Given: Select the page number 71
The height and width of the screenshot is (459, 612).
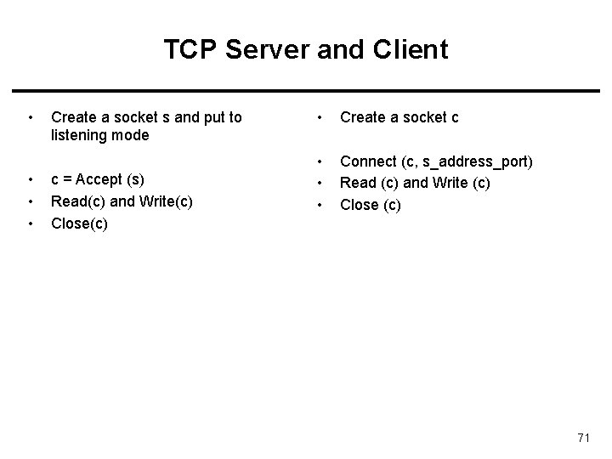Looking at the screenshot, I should (583, 438).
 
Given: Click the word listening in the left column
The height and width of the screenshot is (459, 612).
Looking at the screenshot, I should (77, 135).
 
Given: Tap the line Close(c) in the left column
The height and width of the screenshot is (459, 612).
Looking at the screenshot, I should (79, 224).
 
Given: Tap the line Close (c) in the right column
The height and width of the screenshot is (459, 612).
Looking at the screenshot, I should (370, 205).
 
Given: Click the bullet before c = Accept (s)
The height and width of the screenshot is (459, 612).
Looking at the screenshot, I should (30, 179).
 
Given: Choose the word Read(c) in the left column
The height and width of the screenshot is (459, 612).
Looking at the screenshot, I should (76, 201).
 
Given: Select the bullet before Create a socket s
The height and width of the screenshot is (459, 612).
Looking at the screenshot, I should (30, 117).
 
